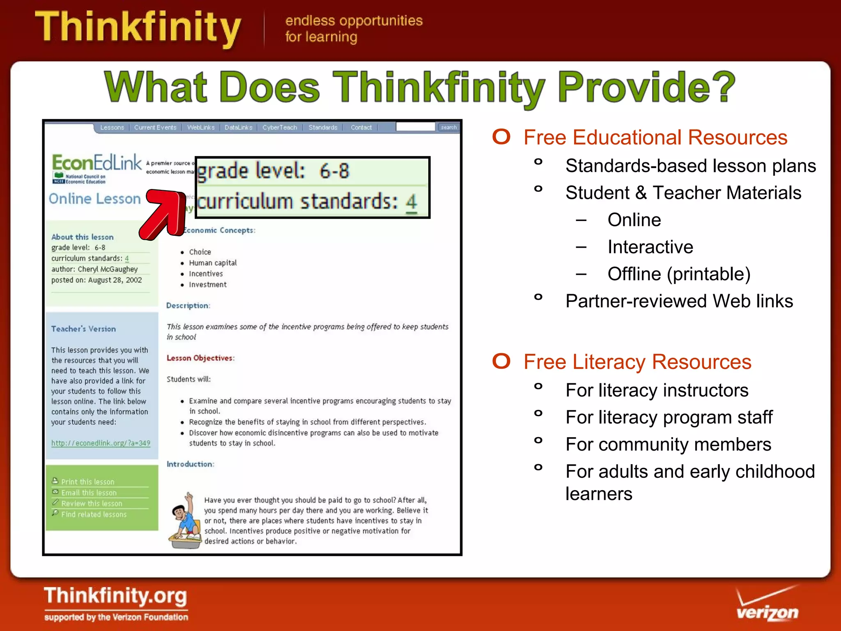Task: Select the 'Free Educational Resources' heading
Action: tap(655, 138)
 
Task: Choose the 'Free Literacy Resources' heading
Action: tap(637, 362)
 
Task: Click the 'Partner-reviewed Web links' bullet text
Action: tap(679, 301)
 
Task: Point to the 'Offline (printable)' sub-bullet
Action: tap(679, 274)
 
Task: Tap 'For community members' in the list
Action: tap(668, 444)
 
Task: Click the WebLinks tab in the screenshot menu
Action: tap(201, 127)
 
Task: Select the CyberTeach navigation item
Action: tap(280, 127)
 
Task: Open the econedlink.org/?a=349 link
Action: tap(101, 443)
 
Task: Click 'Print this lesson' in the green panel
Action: tap(87, 482)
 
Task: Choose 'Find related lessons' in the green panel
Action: tap(94, 514)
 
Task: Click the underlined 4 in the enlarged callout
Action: tap(411, 202)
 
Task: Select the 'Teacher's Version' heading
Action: tap(83, 329)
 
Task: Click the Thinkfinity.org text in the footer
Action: tap(115, 596)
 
